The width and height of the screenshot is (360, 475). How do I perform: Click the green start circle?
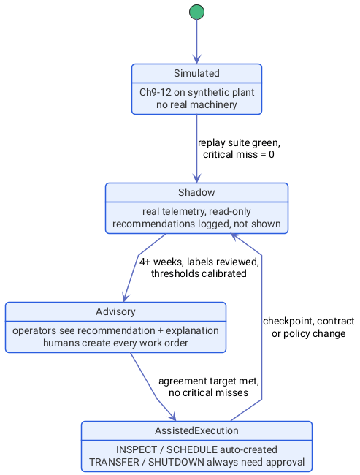pos(197,12)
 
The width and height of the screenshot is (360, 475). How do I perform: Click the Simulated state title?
pos(197,73)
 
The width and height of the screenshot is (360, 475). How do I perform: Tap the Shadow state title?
pos(197,192)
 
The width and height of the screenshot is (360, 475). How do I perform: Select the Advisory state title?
pos(115,311)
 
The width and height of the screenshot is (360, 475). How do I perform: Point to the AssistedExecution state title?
pos(197,430)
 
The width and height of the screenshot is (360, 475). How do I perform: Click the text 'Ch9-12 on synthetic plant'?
pos(197,92)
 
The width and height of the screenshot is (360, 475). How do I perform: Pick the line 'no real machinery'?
pos(197,104)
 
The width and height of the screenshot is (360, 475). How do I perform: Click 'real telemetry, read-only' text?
pos(197,211)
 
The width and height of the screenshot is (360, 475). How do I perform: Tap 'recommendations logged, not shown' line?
pos(197,224)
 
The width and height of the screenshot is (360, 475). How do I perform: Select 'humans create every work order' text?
pos(115,343)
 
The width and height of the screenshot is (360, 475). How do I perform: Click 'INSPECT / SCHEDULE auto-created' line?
pos(197,449)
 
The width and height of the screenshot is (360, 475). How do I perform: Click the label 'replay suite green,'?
pos(239,142)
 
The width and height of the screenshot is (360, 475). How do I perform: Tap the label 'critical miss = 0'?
pos(239,154)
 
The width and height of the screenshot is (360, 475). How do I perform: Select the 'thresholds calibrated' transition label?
pos(199,273)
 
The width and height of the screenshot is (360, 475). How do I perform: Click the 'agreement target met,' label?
pos(209,381)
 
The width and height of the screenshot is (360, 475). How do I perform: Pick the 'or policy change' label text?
pos(309,333)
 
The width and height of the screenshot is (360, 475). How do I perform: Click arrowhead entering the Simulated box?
pos(197,60)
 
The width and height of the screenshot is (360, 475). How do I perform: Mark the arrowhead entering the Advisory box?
pos(126,297)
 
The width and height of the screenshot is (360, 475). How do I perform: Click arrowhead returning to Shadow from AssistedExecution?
pos(235,236)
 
